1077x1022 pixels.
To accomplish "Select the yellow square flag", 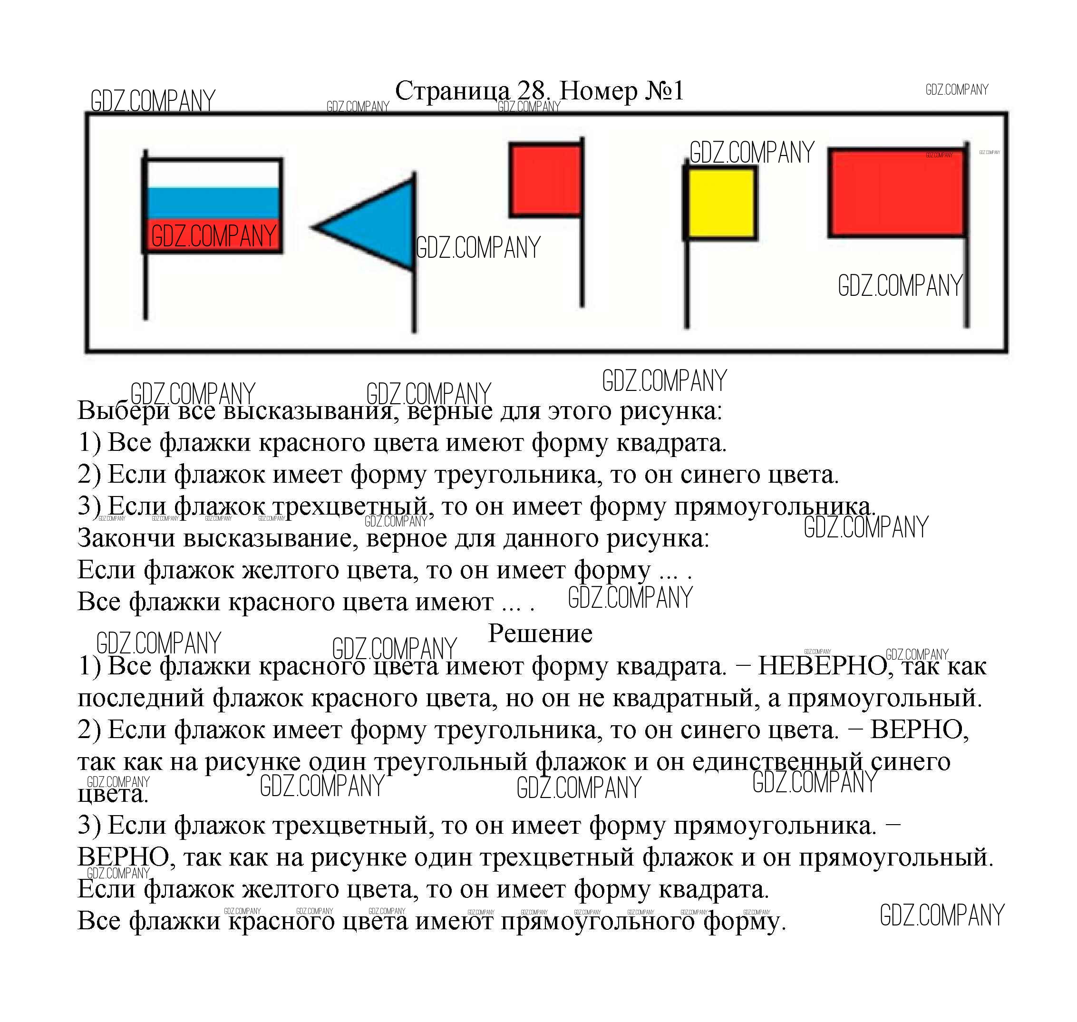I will (x=721, y=203).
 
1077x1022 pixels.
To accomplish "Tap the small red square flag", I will (x=545, y=180).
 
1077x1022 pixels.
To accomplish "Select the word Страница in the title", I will (x=452, y=91).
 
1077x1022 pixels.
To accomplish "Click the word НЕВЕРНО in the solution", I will (x=823, y=666).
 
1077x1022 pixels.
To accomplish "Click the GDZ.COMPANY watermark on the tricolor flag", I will (x=213, y=236).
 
